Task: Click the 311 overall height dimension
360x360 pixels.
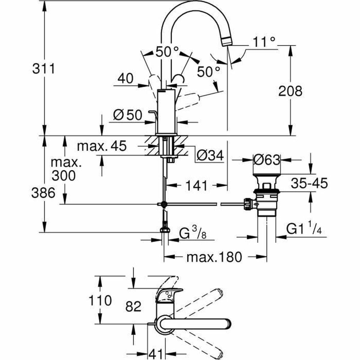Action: [44, 69]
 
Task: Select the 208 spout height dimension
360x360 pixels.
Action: [290, 91]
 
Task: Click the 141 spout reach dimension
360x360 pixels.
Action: [196, 186]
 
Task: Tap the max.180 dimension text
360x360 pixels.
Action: [214, 257]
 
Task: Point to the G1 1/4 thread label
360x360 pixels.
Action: [304, 229]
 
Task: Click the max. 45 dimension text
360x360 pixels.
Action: [102, 146]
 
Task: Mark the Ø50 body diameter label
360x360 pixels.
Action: [127, 115]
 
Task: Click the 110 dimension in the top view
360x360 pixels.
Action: [100, 300]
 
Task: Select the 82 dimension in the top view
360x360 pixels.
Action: [133, 306]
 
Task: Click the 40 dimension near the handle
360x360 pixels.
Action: [125, 79]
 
